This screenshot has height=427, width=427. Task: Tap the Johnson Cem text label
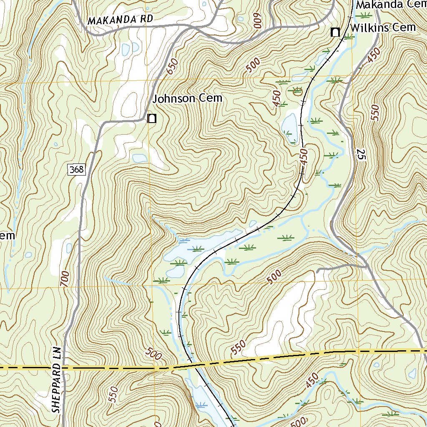187,99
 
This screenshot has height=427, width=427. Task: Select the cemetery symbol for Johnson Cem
152,119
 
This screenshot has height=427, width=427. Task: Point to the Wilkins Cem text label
383,28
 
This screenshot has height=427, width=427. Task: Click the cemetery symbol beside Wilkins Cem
335,32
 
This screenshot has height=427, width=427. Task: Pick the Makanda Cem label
391,5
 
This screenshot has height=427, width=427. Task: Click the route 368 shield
77,169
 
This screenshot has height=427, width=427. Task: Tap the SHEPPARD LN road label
57,379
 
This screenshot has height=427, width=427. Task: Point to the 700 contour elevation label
65,278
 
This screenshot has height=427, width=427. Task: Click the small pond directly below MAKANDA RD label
125,49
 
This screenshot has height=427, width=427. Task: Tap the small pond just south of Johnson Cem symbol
139,158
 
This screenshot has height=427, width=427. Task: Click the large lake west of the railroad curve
196,248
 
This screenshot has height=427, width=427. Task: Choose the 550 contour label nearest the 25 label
375,113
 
